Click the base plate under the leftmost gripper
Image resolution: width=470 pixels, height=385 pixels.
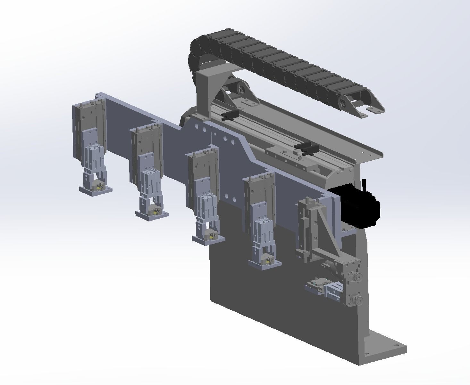(96, 191)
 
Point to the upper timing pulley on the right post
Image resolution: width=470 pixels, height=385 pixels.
(357, 277)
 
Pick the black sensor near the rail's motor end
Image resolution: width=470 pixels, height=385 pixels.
(306, 148)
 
